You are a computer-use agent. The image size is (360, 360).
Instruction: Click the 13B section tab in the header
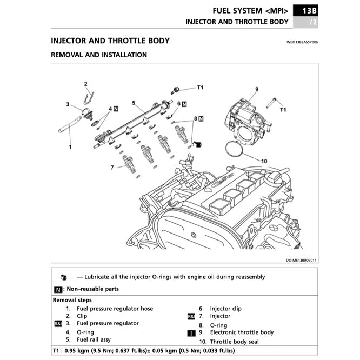(310, 10)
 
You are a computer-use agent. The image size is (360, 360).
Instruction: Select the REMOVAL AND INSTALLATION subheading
(98, 55)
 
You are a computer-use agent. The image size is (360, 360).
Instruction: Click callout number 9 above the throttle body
(257, 89)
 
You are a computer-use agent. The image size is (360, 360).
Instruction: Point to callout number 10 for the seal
(264, 161)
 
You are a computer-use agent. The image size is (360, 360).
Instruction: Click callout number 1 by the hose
(70, 146)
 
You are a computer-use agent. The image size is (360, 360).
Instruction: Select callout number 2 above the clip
(85, 84)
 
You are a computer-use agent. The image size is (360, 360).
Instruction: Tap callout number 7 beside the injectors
(112, 168)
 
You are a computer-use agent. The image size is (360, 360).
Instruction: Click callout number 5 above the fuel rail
(133, 102)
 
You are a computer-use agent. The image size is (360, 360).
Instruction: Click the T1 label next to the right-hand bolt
(282, 110)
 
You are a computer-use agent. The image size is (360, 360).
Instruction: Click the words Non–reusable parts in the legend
(94, 289)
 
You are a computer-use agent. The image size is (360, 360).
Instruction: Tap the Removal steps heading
(72, 300)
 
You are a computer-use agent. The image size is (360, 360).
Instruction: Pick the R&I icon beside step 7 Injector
(191, 316)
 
